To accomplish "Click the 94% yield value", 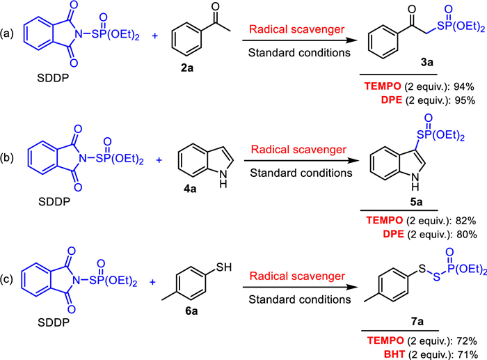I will pos(463,88).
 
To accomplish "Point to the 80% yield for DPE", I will pos(463,235).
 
